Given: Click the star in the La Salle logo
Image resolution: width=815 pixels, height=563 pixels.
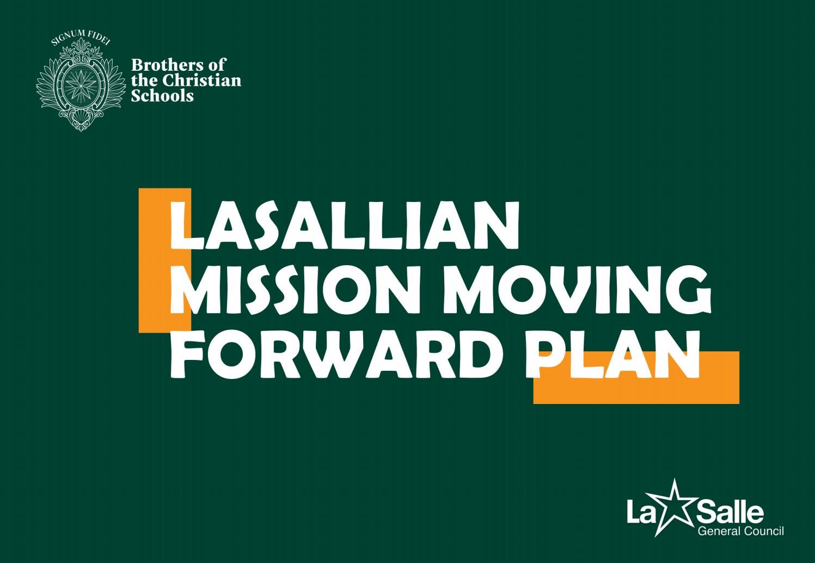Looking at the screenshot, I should pos(675,506).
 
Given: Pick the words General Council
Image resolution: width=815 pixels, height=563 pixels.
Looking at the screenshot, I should pos(740,531).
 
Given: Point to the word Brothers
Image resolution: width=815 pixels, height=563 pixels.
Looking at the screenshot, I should pos(162,65).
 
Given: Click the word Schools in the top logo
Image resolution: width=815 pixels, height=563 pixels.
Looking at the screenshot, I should pos(162,96).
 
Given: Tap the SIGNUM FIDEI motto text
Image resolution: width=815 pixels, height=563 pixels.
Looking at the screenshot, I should pos(80,38).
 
